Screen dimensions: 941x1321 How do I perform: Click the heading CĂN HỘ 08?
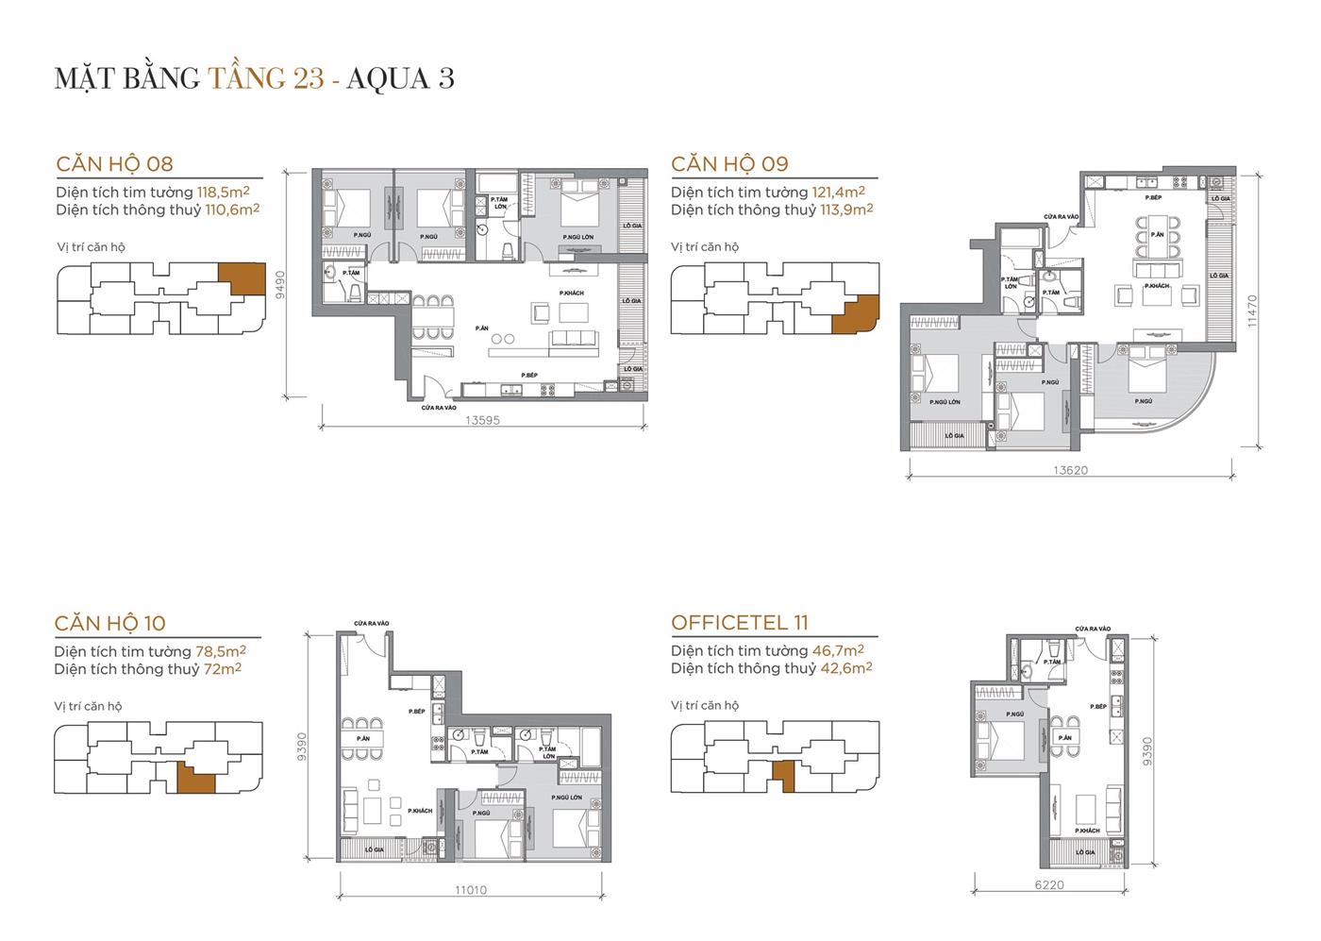click(x=114, y=163)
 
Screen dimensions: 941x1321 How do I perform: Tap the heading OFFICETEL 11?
click(x=740, y=623)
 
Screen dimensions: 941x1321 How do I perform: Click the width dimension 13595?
click(x=481, y=421)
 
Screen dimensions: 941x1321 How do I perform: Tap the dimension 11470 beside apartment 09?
click(x=1252, y=310)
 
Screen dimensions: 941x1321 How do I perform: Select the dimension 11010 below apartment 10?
click(x=471, y=889)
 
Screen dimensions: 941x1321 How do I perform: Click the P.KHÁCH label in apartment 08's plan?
click(x=571, y=294)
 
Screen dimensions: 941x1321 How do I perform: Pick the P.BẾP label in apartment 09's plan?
click(x=1152, y=198)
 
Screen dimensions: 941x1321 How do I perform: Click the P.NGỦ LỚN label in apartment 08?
click(x=577, y=237)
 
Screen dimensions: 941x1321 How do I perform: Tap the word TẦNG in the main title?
click(x=247, y=78)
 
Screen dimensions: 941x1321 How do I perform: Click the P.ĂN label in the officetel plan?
click(x=1065, y=737)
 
